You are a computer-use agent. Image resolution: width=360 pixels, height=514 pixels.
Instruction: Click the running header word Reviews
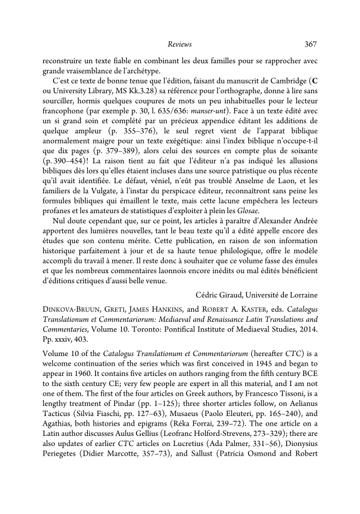[179, 44]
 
